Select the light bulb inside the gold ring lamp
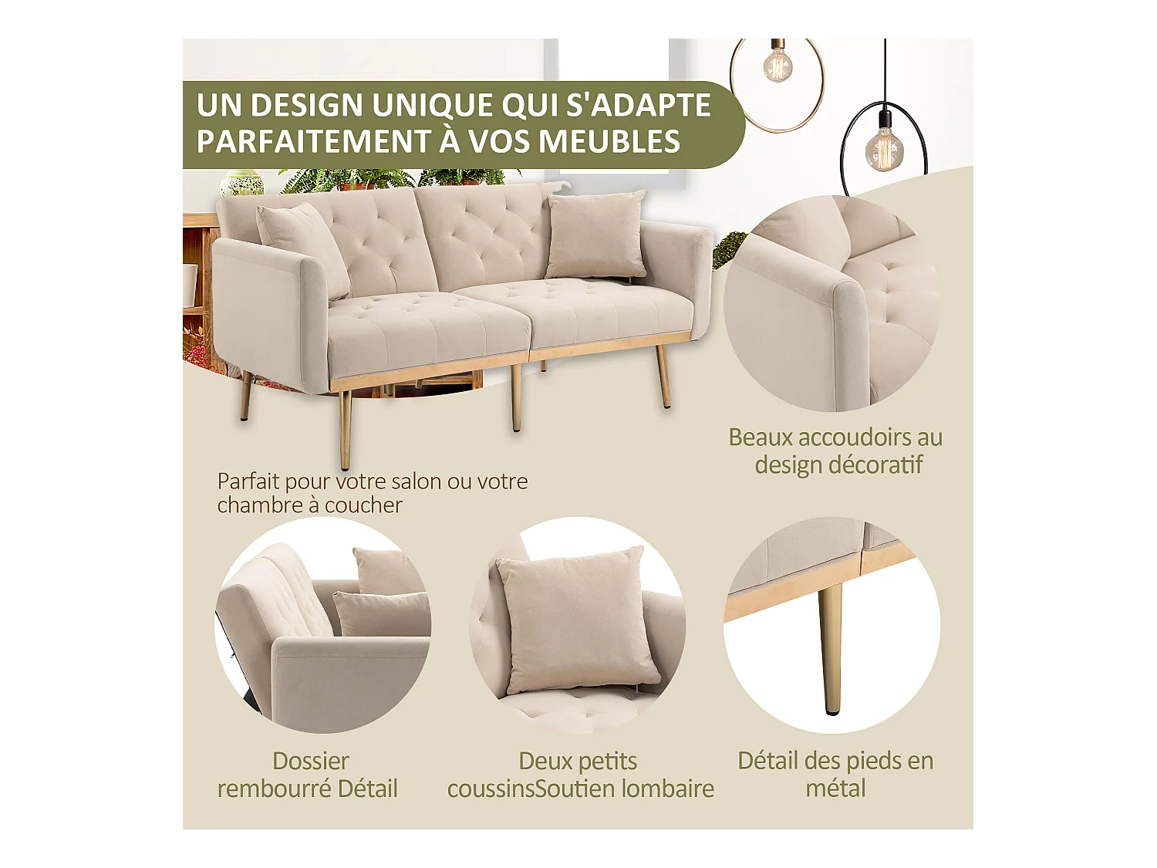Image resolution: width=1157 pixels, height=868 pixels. click(778, 66)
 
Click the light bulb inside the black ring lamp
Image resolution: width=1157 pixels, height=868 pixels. click(884, 148)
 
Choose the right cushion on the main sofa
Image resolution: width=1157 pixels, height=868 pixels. click(595, 235)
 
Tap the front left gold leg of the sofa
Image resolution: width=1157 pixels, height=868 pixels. click(346, 428)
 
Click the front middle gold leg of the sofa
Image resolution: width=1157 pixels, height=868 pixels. click(516, 397)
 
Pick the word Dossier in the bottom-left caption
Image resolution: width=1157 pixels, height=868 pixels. click(311, 762)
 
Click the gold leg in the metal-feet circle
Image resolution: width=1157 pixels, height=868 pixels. click(830, 648)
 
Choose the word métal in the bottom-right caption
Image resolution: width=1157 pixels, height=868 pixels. click(835, 789)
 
